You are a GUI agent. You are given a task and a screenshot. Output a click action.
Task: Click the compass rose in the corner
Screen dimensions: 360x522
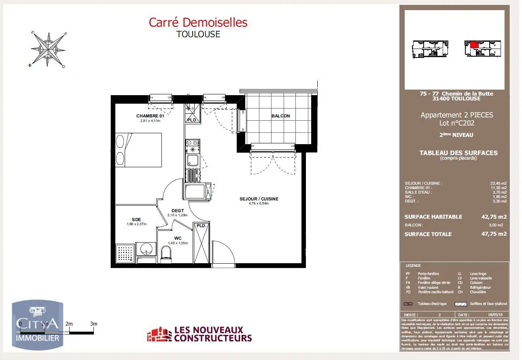pos(48,49)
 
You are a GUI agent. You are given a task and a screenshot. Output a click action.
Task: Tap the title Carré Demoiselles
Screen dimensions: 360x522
pos(198,22)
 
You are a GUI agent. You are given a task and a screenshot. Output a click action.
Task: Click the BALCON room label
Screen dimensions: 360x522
pos(280,116)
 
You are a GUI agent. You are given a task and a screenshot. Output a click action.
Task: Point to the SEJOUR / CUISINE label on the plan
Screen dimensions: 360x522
pos(259,199)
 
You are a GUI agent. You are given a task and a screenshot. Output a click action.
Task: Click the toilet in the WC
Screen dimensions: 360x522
pos(166,254)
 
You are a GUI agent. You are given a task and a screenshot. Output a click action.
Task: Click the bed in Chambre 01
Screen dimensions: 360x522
pos(139,150)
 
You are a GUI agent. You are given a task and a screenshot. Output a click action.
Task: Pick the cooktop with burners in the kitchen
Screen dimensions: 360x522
pos(193,143)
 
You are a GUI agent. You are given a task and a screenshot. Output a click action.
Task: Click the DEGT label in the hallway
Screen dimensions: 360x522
pos(178,211)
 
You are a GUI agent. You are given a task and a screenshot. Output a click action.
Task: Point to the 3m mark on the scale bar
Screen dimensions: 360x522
pos(94,324)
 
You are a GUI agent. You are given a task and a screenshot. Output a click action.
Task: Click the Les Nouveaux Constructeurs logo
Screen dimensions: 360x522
pos(199,334)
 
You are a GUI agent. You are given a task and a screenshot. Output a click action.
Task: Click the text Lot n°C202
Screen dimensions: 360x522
pos(457,123)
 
